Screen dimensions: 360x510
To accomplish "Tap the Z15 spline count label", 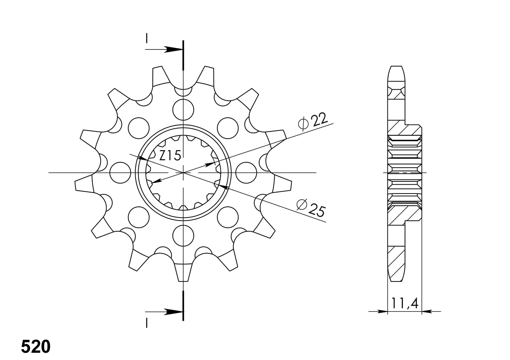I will (x=170, y=155).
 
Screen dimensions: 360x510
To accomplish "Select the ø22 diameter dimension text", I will (x=313, y=122).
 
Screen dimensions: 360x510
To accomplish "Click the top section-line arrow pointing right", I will (x=173, y=50).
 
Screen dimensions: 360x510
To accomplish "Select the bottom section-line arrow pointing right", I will (x=173, y=312).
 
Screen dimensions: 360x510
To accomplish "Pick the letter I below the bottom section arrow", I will (x=146, y=323).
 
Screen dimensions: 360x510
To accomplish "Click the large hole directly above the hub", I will (x=183, y=109).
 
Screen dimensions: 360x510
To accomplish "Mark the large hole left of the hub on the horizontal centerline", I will (x=120, y=172).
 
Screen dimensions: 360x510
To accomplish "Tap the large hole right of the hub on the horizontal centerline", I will (x=246, y=172).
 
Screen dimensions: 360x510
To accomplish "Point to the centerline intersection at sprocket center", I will (x=183, y=173).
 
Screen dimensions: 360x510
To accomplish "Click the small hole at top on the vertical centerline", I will (x=183, y=91).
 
